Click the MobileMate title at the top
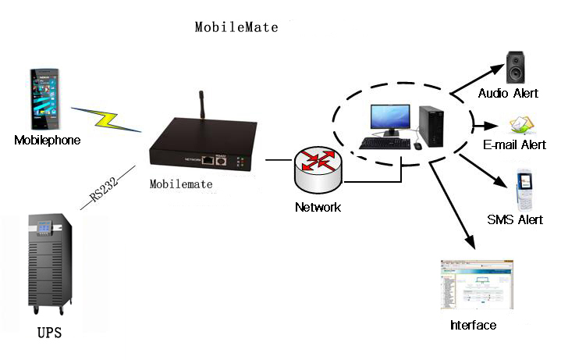(236, 27)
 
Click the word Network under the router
(318, 208)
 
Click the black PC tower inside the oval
(431, 126)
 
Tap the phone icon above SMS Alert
(524, 187)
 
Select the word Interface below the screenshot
(473, 325)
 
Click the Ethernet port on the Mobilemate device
(208, 160)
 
